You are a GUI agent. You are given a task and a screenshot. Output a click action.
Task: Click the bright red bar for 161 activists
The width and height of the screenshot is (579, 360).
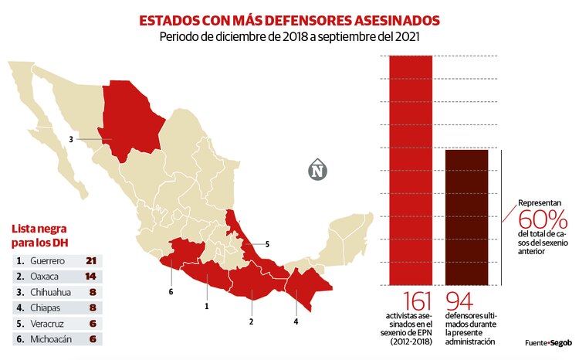415,170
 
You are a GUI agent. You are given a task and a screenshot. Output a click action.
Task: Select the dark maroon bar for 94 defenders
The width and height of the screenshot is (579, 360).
466,216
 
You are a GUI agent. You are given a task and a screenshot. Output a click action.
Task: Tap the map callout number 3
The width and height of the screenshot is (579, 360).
70,140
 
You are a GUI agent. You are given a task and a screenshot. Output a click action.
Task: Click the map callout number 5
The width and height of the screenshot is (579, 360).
267,245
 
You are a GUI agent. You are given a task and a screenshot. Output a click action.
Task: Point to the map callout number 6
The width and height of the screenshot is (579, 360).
171,291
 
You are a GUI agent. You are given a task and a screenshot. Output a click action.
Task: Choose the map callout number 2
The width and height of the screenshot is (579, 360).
251,321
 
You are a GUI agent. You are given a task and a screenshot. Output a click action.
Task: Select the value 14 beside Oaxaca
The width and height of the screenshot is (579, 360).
90,277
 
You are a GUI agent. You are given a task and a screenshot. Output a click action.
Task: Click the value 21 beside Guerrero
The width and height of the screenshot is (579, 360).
90,260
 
